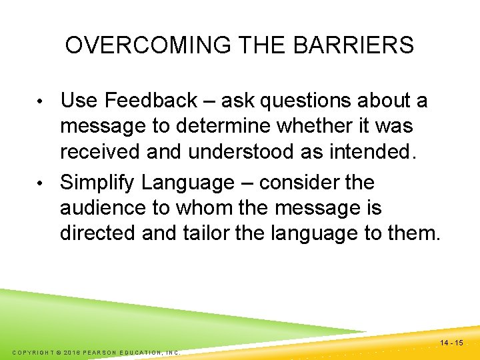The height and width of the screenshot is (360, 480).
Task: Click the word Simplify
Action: pos(97,183)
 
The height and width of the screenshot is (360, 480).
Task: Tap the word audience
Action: pos(102,208)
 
